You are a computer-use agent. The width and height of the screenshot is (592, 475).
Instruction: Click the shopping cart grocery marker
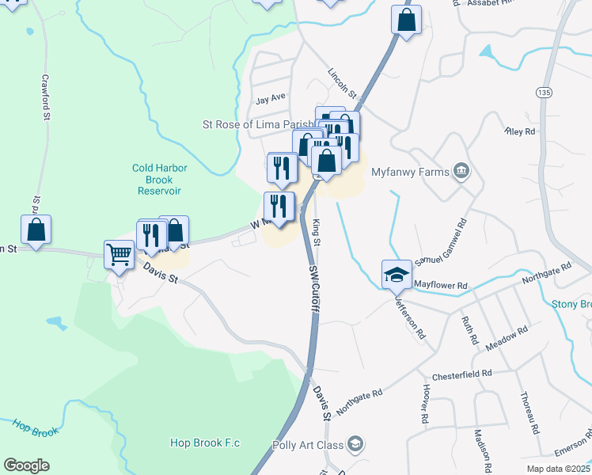coord(119,256)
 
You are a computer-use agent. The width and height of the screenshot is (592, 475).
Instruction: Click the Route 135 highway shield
coord(543,92)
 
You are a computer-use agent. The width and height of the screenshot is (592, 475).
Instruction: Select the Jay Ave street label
coord(270,99)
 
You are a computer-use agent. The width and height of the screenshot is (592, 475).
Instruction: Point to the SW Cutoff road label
coord(313,288)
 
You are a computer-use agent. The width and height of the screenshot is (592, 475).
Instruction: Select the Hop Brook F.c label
coord(204,443)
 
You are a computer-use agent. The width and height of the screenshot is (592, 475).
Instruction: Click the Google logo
coord(26,465)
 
